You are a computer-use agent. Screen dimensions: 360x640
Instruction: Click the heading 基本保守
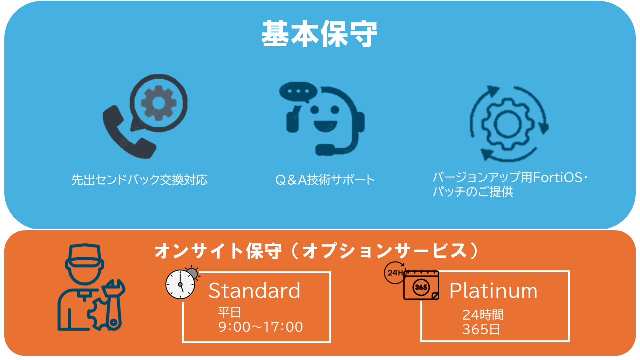[319, 34]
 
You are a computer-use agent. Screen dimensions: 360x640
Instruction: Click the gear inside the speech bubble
[158, 102]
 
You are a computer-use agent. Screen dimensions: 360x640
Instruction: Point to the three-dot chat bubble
[299, 93]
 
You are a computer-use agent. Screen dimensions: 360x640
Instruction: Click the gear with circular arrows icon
[509, 123]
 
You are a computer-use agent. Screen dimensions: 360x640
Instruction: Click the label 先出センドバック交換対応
[139, 180]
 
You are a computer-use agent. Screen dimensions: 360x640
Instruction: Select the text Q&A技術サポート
[325, 180]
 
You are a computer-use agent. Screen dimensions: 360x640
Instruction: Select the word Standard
[254, 290]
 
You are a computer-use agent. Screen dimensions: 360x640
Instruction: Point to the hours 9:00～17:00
[261, 327]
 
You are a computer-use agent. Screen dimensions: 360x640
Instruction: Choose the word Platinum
[493, 290]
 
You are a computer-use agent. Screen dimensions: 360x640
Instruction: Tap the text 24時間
[483, 315]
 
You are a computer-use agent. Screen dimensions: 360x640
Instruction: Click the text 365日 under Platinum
[481, 330]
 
